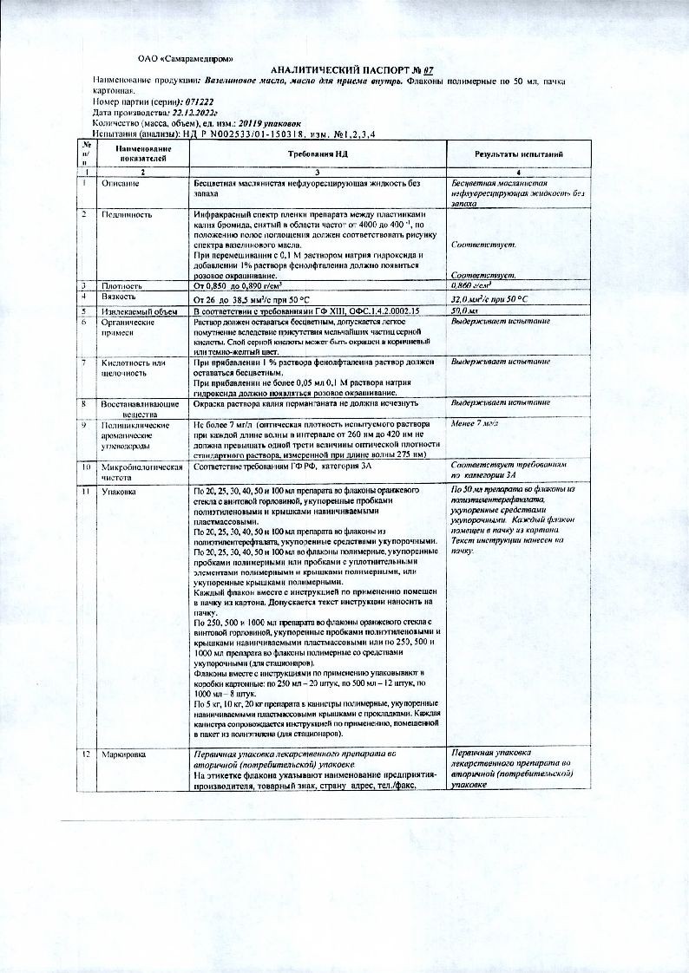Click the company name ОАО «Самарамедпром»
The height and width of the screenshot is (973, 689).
186,58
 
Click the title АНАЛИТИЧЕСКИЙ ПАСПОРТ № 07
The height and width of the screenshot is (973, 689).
340,69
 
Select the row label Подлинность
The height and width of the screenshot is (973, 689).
127,213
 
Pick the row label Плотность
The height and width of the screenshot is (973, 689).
121,284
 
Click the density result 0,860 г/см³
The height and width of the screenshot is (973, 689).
472,284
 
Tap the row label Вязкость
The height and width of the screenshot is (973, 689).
119,297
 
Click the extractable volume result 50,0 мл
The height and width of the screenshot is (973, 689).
465,310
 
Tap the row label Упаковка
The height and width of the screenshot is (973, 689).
118,492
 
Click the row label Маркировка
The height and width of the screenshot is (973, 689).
123,755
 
